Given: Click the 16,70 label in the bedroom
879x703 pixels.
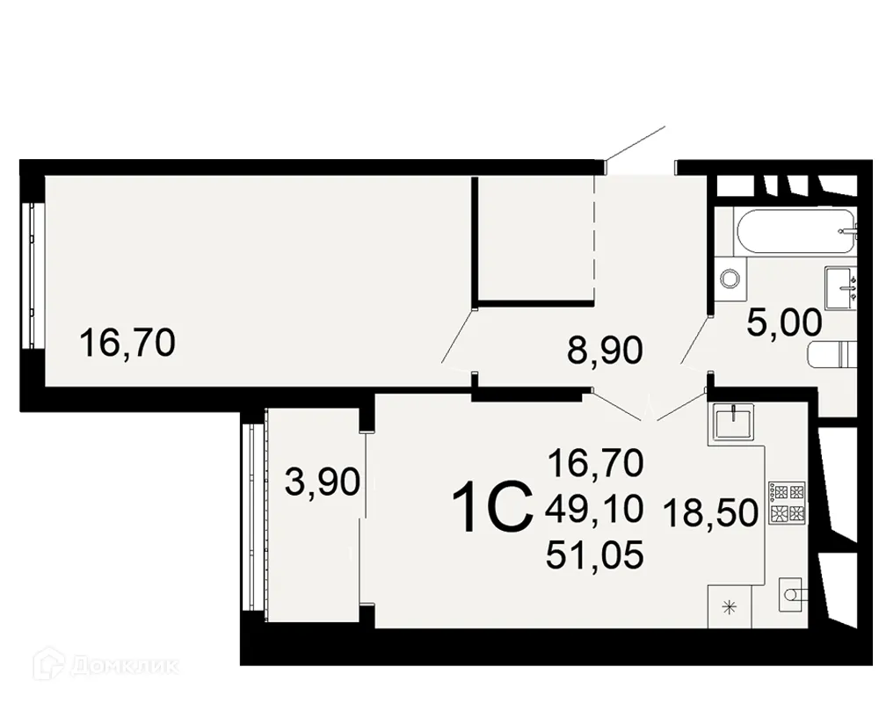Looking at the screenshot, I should [127, 341].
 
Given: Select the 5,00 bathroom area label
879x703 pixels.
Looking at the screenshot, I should [784, 323].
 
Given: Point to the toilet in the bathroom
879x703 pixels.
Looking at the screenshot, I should [830, 356].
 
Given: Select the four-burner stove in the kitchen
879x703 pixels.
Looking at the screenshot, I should [786, 504].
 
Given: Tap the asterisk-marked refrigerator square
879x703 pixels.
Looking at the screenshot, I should [728, 605].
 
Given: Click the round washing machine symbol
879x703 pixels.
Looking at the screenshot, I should [730, 279].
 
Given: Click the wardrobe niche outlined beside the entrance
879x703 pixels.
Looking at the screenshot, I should [535, 239].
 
